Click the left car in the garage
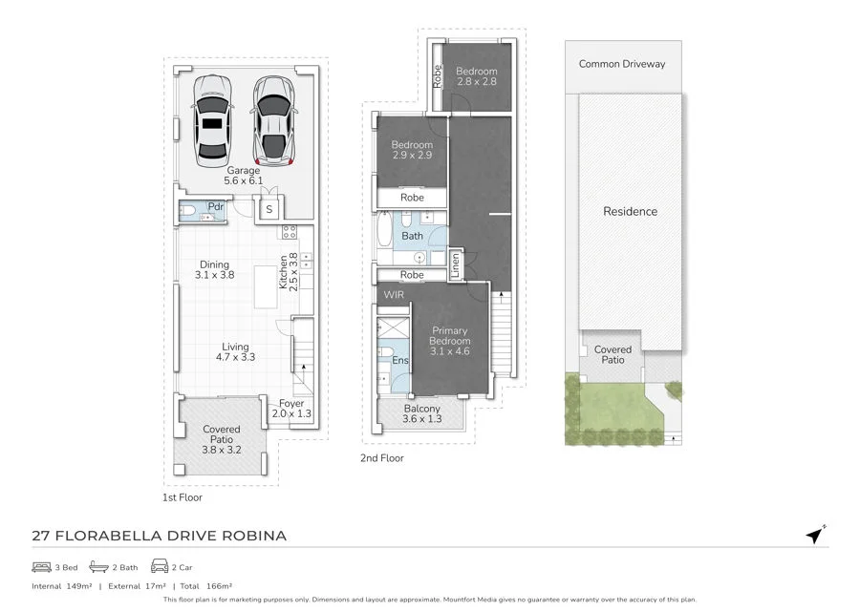click(212, 121)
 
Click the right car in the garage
click(274, 121)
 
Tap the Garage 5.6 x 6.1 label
click(243, 176)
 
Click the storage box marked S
click(269, 209)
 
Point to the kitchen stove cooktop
click(290, 232)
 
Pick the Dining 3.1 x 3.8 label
click(214, 269)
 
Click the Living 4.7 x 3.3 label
click(235, 351)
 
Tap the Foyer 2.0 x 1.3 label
click(291, 409)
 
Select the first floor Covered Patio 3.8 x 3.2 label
click(221, 439)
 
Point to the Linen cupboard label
click(455, 265)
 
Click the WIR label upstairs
click(394, 295)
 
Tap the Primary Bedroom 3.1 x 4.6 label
click(450, 341)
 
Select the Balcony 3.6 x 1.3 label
click(421, 413)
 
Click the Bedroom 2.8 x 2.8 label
click(477, 76)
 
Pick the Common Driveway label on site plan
click(622, 64)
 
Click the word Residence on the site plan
click(631, 212)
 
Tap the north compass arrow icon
click(816, 535)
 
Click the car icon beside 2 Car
click(160, 565)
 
